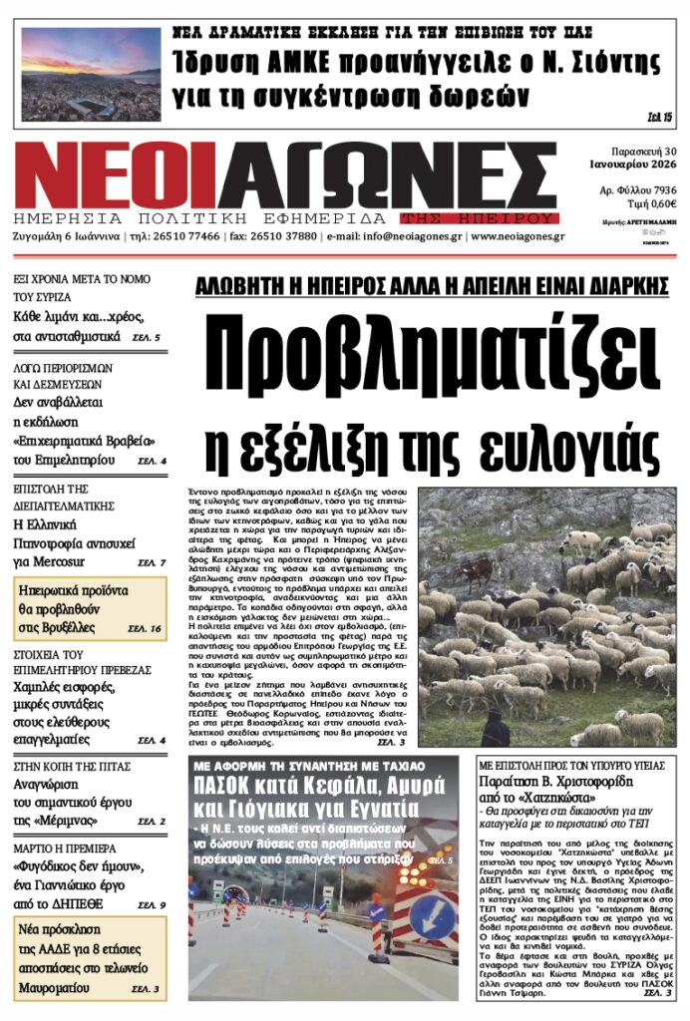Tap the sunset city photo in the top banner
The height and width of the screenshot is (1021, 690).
click(91, 73)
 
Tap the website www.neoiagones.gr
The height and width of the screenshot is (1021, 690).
click(518, 237)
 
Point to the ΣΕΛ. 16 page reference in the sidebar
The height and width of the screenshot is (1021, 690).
click(146, 629)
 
